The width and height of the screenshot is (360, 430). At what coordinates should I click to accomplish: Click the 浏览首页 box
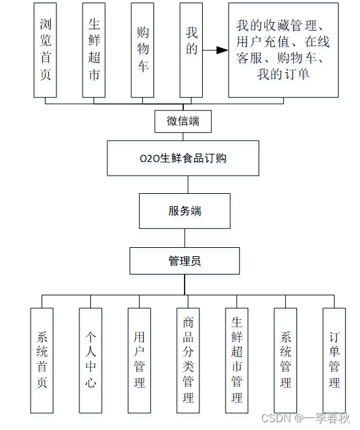[45, 50]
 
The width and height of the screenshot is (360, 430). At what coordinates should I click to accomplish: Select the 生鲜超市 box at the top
[94, 50]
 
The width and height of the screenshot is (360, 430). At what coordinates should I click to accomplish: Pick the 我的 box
[190, 50]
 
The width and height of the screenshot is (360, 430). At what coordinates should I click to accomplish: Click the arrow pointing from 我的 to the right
[212, 49]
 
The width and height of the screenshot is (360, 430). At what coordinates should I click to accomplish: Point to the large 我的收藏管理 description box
[283, 50]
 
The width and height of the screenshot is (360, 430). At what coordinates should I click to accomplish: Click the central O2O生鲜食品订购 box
[184, 158]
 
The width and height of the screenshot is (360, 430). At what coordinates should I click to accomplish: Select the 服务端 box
[185, 211]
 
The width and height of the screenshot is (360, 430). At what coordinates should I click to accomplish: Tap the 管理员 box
[185, 261]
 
